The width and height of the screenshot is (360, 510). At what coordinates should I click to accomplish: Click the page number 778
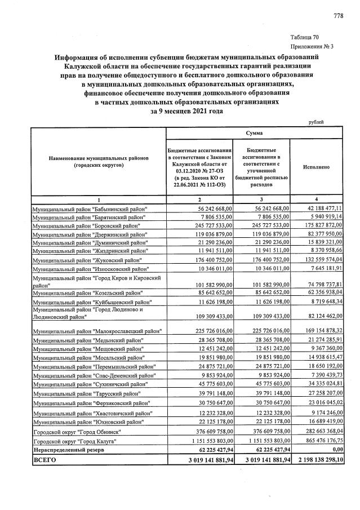[x=338, y=15]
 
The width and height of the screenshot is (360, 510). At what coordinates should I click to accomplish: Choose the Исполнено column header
[x=316, y=167]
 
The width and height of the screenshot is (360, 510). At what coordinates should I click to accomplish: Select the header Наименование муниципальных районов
[x=99, y=159]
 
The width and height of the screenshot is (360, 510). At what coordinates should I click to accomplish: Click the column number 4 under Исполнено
[x=316, y=199]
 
